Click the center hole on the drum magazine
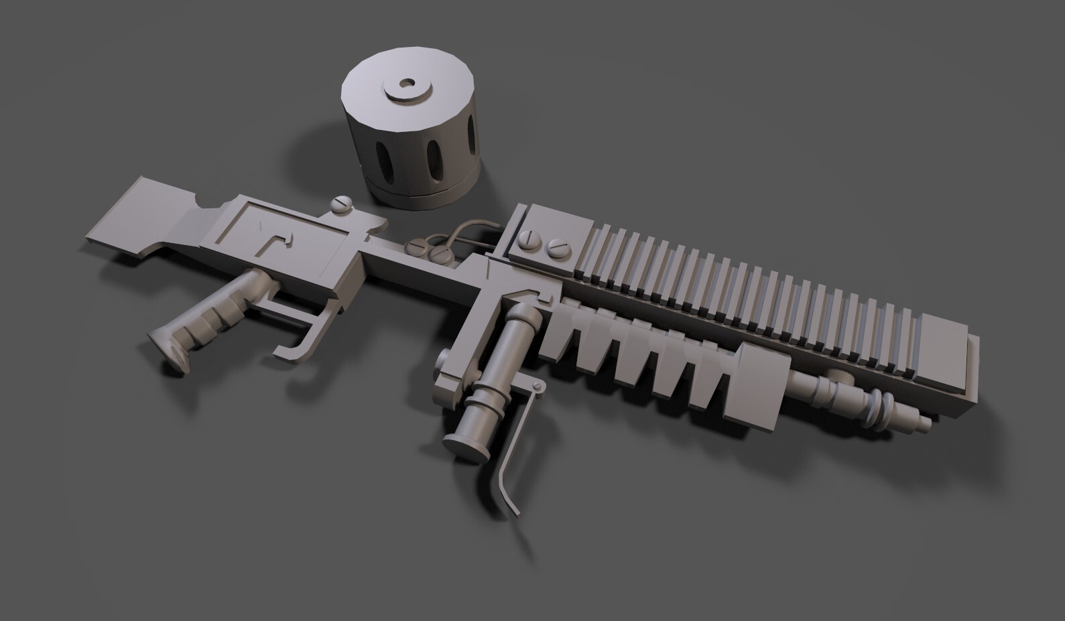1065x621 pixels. click(x=407, y=85)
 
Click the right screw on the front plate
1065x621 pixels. click(x=556, y=249)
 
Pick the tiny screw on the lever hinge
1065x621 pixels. click(x=536, y=387)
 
